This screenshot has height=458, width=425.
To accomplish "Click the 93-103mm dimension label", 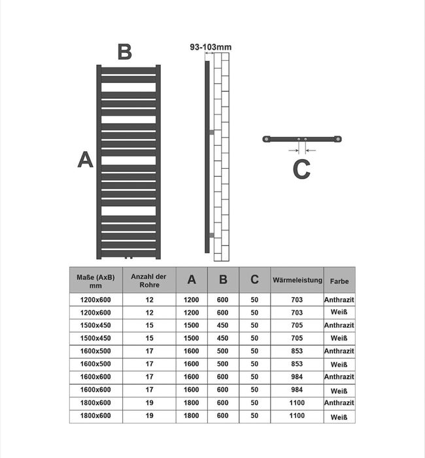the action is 211,47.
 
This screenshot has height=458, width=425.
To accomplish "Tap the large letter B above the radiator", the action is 125,52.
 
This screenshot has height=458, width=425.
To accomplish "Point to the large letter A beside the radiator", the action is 85,160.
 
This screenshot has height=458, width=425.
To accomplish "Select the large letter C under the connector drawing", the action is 301,169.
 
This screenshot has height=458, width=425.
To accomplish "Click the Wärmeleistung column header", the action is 297,280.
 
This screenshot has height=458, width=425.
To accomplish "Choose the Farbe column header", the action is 339,281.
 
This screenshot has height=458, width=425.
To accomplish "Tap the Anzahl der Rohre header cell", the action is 149,281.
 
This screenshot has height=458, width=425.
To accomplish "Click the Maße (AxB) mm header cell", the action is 95,281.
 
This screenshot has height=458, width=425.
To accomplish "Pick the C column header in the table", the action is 254,279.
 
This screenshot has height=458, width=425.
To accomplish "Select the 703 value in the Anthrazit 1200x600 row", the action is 297,300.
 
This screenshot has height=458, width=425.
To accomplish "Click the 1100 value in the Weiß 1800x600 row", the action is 297,415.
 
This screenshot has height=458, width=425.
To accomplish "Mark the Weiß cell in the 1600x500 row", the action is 339,364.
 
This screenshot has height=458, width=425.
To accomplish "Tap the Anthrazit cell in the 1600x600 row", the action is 339,377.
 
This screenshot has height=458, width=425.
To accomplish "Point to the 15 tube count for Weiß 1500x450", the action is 150,338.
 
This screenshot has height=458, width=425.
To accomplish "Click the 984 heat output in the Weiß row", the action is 297,390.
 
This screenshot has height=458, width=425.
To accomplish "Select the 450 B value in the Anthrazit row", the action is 222,325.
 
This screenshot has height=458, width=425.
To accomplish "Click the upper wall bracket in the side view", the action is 212,132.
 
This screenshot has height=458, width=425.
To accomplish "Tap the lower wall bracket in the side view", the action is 212,235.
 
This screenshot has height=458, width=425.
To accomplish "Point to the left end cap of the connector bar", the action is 266,139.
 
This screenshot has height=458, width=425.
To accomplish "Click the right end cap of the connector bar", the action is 338,139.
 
